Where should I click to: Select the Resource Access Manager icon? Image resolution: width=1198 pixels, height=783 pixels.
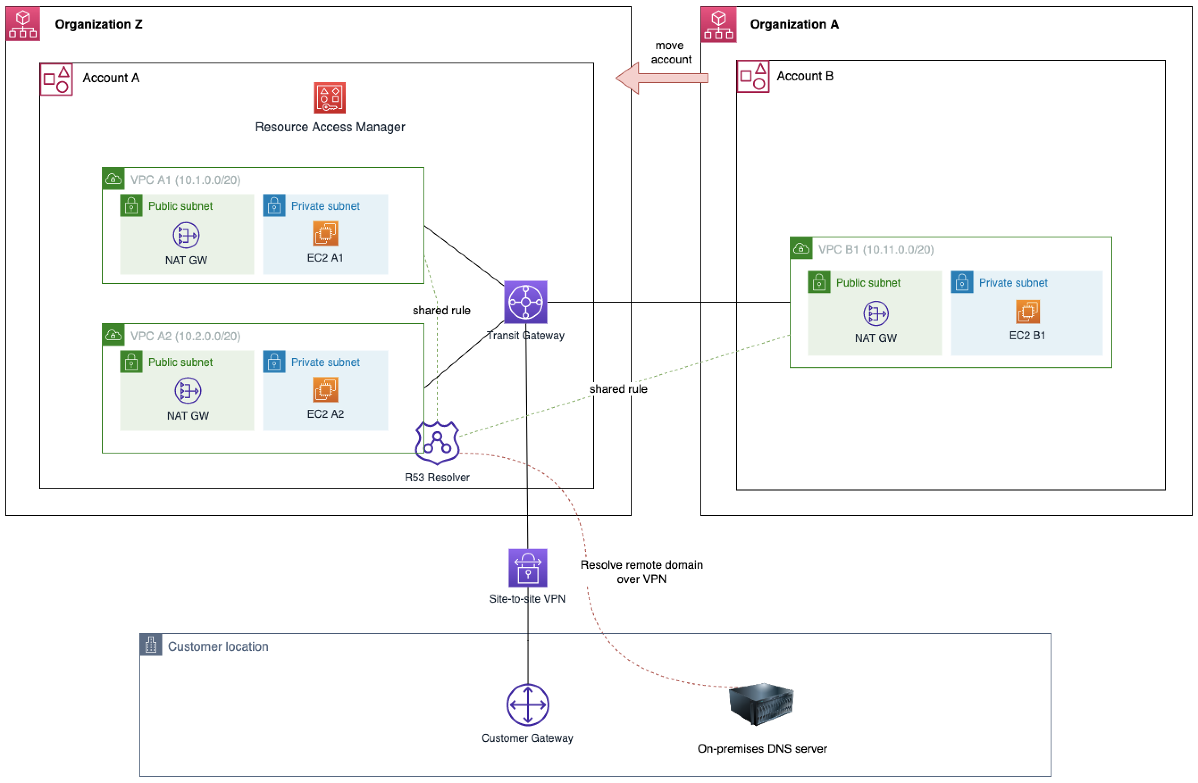click(330, 98)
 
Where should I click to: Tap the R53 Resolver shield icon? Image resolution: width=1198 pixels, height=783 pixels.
click(437, 443)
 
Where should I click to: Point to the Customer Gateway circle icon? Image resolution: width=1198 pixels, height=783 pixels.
click(528, 704)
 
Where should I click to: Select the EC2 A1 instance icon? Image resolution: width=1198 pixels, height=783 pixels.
click(326, 233)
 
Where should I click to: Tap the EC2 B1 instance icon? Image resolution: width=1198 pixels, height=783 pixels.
click(1027, 312)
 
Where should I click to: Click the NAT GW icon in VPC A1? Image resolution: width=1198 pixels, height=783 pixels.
click(186, 236)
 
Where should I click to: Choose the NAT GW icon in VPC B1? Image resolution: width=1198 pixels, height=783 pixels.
click(876, 313)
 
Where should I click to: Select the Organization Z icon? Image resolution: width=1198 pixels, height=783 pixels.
click(23, 24)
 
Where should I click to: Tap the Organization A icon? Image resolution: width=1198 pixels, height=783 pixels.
click(719, 24)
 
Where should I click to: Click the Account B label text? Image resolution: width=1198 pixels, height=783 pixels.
click(805, 76)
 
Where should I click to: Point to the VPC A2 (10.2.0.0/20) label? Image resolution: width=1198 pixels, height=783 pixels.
click(185, 336)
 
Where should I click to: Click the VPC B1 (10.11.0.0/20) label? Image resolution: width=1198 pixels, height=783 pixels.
click(876, 250)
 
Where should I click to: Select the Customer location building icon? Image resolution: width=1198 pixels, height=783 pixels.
click(151, 645)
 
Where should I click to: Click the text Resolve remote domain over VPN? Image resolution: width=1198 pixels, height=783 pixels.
click(641, 572)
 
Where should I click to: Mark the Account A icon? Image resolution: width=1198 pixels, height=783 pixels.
click(56, 79)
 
